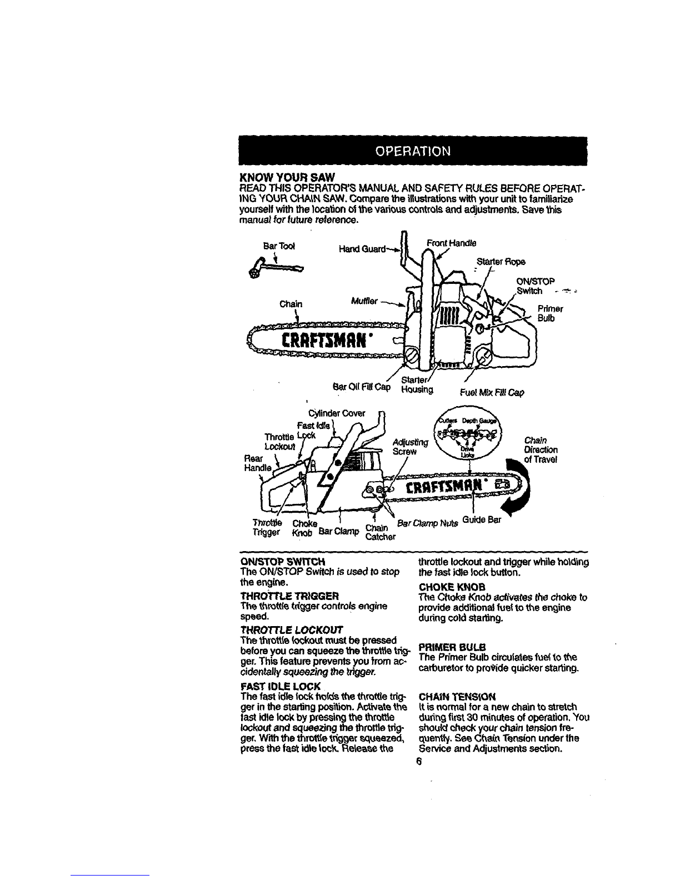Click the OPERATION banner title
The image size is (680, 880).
click(x=411, y=151)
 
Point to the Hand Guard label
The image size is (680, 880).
click(x=356, y=249)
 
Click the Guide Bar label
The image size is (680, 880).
click(x=486, y=520)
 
